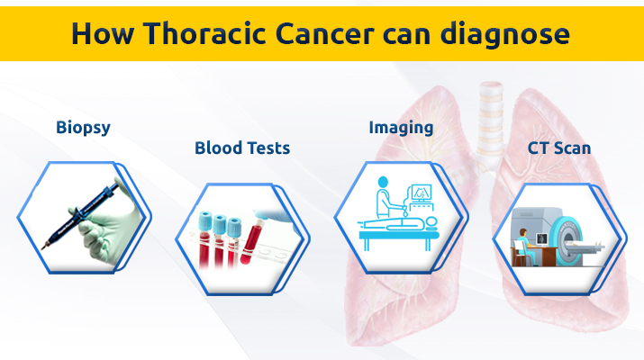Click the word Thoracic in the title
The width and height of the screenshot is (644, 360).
coord(204,33)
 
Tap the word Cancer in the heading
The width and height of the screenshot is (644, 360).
coord(324,33)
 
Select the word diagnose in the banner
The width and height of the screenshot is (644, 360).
coord(504,34)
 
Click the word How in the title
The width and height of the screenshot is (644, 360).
coord(103,33)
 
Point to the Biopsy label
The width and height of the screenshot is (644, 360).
coord(83,128)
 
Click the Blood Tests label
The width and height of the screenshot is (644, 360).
coord(242,148)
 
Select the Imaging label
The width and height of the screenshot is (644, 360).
coord(401,128)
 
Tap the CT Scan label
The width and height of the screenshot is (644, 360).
coord(559,148)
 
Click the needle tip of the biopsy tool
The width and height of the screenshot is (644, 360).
coord(42,247)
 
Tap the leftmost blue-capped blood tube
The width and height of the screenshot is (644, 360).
coord(204,241)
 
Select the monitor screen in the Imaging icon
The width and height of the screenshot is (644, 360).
coord(421,193)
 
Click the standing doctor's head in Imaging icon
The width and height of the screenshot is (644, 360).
coord(383,182)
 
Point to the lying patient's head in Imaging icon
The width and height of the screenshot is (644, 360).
coord(431,221)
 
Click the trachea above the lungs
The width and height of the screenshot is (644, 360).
coord(490,119)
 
